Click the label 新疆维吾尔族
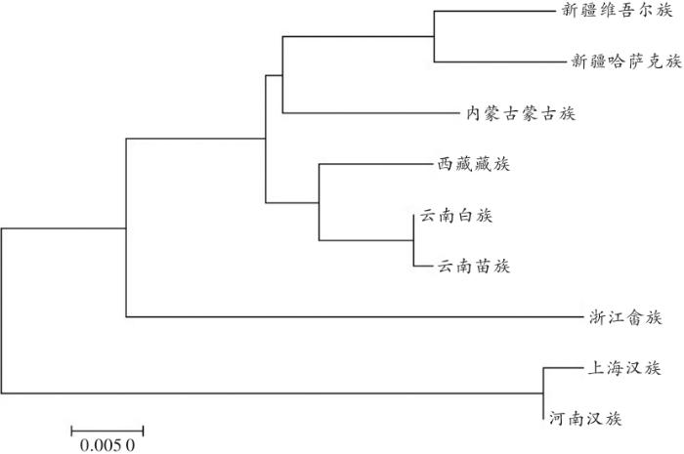point(617,10)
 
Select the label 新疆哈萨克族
point(626,62)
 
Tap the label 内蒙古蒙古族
point(521,113)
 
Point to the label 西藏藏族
point(474,164)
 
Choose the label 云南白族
point(456,215)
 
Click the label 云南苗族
point(474,266)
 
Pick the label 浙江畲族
point(625,317)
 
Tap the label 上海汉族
point(624,368)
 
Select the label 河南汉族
point(585,418)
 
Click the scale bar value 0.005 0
point(107,445)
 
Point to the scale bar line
point(107,432)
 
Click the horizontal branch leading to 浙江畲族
point(355,316)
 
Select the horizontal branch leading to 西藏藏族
point(375,164)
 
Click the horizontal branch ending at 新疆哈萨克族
point(500,62)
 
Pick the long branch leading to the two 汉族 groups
point(273,393)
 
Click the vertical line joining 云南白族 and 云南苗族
point(413,240)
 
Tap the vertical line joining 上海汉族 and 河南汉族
point(543,393)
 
